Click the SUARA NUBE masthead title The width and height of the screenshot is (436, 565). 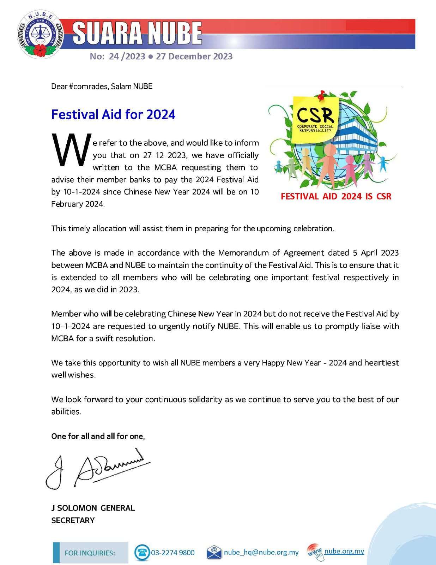coord(137,34)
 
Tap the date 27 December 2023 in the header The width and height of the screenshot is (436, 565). coord(194,56)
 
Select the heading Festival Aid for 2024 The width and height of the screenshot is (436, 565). coord(113,114)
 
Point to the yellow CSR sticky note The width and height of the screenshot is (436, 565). coord(315,116)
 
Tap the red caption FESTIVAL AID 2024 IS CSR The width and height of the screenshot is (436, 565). coord(336,196)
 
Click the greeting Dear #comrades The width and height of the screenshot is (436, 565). coord(79,87)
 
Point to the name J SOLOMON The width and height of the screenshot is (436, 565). coord(74,508)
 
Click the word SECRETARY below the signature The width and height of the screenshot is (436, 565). coord(73,520)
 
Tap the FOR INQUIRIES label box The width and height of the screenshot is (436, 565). coord(90,553)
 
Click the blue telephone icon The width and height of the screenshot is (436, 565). coord(142,552)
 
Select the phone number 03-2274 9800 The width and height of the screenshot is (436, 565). coord(173,553)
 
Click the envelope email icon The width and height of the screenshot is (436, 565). coord(214,552)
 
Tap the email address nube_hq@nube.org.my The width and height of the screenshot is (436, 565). coord(261,552)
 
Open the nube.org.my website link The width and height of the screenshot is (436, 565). coord(344,551)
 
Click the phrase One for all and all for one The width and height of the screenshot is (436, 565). coord(98,436)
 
